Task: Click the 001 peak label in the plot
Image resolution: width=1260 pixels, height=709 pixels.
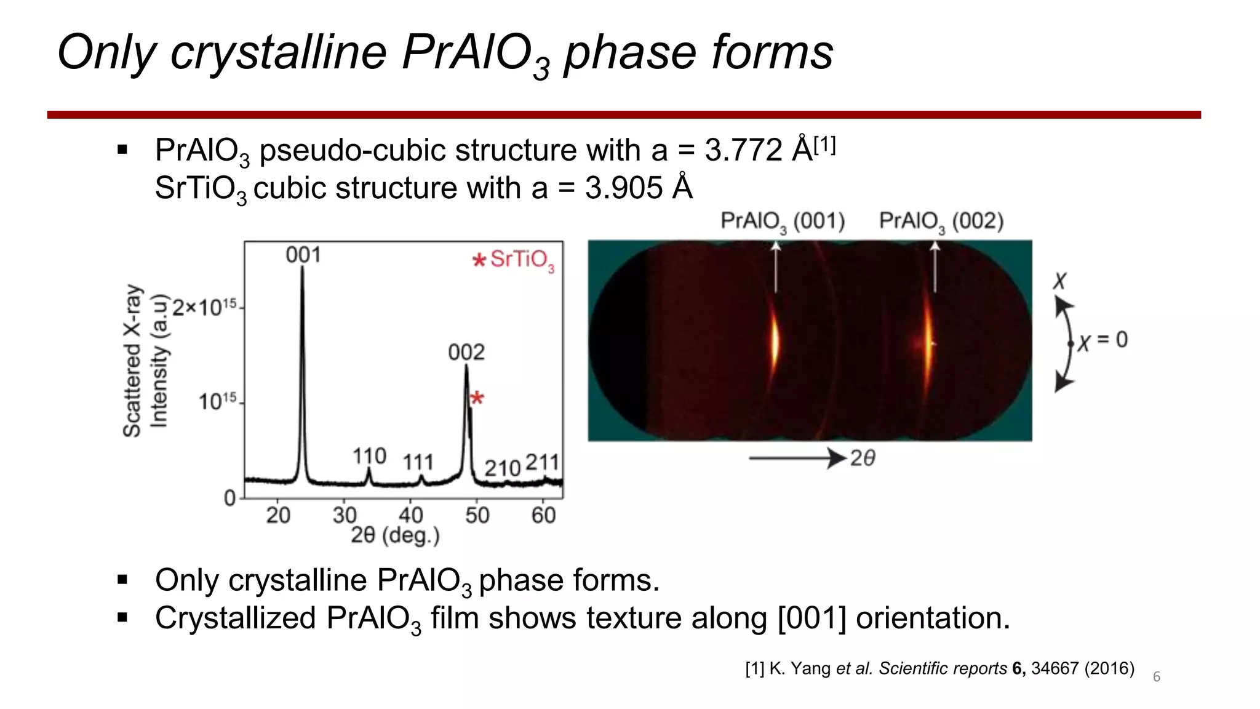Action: (303, 255)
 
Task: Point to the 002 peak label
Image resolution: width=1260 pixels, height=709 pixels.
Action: (466, 353)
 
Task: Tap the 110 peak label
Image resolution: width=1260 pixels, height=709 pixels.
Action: (369, 457)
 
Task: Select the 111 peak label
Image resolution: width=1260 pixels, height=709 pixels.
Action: (418, 462)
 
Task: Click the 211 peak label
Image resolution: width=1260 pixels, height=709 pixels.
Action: (542, 462)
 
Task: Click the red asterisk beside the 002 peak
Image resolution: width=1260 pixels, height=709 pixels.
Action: (477, 398)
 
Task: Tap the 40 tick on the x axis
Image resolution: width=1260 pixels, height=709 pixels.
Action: (411, 515)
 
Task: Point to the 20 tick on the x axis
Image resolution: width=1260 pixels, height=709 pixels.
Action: (278, 515)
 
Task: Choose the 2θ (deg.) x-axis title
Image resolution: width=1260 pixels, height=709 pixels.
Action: (395, 535)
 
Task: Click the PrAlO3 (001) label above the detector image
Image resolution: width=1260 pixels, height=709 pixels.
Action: (783, 221)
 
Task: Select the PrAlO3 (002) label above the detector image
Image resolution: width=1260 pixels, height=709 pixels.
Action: (941, 221)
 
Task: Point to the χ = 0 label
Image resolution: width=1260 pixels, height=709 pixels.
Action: (1102, 340)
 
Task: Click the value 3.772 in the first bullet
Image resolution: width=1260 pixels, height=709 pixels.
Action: (743, 150)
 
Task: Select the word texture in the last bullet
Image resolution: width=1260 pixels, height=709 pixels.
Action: (532, 618)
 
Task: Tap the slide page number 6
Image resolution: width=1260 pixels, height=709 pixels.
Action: (1157, 677)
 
